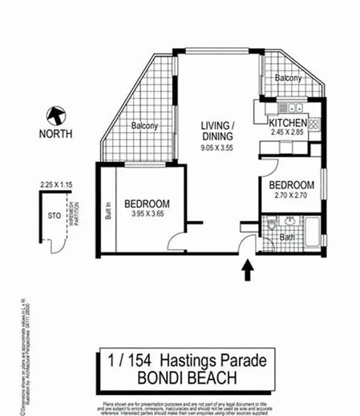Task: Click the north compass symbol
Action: click(x=55, y=116)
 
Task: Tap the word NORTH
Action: click(x=55, y=134)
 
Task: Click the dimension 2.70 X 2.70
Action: click(x=290, y=194)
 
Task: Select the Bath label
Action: click(x=286, y=238)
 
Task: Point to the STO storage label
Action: click(x=54, y=215)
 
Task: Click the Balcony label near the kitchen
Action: click(x=288, y=79)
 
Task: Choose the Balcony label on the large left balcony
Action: click(x=145, y=126)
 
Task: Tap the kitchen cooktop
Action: click(x=313, y=124)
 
